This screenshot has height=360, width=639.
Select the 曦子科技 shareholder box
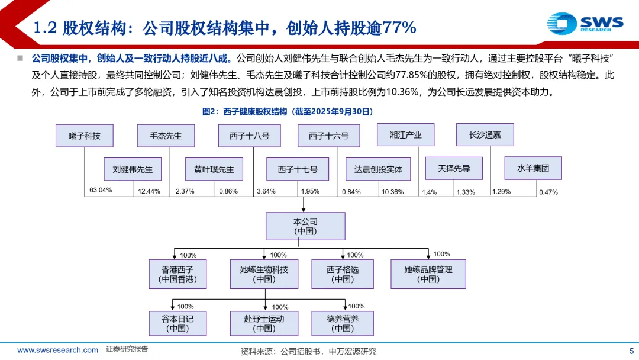85,136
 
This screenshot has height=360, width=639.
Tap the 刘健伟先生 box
133,169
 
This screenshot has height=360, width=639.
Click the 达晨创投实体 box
379,169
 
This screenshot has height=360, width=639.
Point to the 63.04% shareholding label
101,190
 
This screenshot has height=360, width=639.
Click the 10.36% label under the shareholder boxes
392,192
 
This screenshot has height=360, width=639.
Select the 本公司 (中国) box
305,226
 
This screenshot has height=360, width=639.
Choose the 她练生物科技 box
264,274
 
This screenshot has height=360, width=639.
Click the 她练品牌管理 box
428,274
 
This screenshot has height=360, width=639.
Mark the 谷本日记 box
177,323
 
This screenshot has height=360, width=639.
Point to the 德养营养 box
343,323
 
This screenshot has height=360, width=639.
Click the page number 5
630,351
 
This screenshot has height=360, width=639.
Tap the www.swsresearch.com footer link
57,350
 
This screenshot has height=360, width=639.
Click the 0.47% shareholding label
548,192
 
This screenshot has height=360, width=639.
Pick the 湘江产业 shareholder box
406,135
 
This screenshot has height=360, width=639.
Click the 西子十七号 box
298,169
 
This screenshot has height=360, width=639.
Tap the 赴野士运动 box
264,323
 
